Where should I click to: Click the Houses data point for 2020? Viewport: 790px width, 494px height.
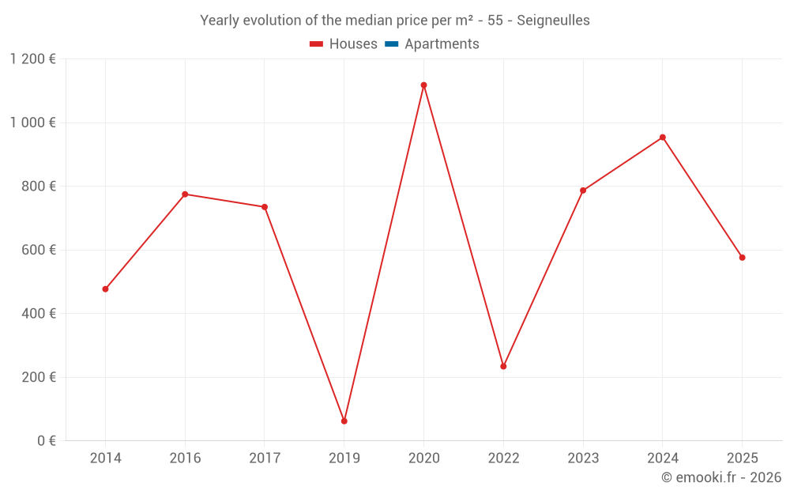coord(423,85)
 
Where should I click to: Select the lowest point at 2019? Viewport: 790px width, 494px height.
coord(344,421)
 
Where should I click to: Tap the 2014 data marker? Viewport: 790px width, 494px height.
coord(105,289)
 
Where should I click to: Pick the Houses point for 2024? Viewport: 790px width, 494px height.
coord(662,138)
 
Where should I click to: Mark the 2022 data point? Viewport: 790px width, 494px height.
coord(503,367)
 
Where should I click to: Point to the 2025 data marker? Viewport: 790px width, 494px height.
coord(742,258)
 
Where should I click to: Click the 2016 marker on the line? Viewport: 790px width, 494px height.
coord(185,194)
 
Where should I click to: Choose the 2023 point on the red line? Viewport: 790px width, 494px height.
coord(583,190)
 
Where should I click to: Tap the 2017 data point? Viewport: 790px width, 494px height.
coord(265,207)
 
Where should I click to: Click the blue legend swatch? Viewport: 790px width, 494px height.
coord(391,44)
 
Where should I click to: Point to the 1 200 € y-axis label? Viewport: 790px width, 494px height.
coord(32,59)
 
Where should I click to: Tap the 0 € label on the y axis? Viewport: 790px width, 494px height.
coord(47,440)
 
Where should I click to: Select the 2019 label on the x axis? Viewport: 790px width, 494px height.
coord(344,458)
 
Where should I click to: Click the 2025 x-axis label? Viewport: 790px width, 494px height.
coord(742,458)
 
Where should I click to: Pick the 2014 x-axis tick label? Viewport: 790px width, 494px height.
coord(105,458)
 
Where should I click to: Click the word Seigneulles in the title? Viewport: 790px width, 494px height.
coord(553,21)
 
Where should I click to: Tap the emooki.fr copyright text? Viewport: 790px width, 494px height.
coord(721,477)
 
